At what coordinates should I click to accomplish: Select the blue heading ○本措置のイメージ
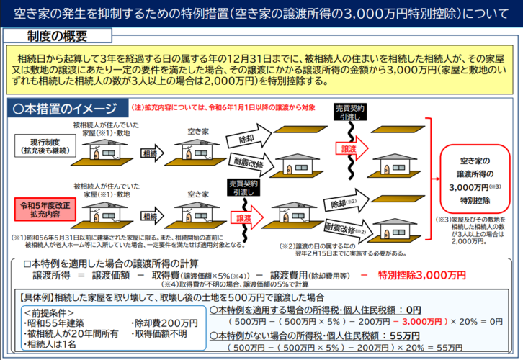coord(65,109)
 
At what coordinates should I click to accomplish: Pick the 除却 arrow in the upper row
coord(249,138)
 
